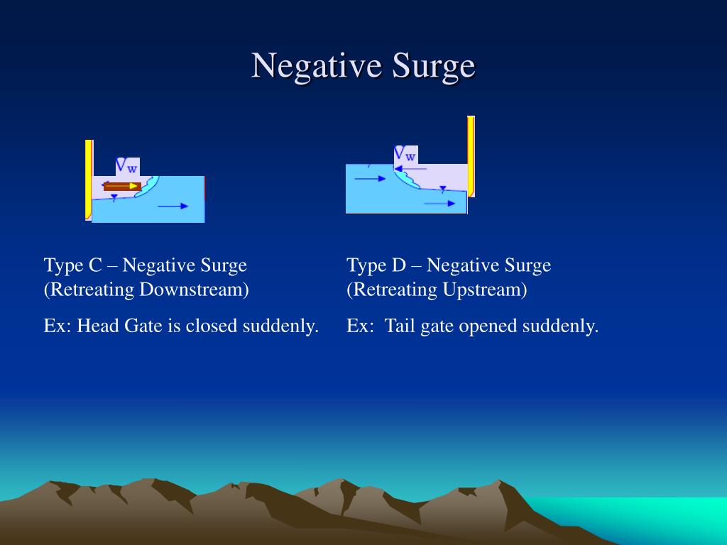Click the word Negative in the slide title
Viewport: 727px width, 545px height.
tap(317, 66)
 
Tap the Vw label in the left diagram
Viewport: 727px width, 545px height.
tap(128, 167)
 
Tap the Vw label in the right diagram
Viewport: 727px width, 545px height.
tap(405, 154)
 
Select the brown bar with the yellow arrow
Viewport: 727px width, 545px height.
tap(121, 186)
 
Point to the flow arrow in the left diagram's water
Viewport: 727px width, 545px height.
tap(173, 206)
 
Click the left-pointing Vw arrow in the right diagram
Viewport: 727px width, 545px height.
tap(412, 169)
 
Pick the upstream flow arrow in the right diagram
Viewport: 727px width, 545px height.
tap(370, 179)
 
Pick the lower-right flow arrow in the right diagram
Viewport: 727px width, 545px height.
tap(440, 203)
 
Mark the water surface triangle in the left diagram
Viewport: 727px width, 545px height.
tap(114, 198)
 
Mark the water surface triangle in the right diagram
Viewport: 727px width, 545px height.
tap(443, 189)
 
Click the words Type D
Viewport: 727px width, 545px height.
tap(376, 265)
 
